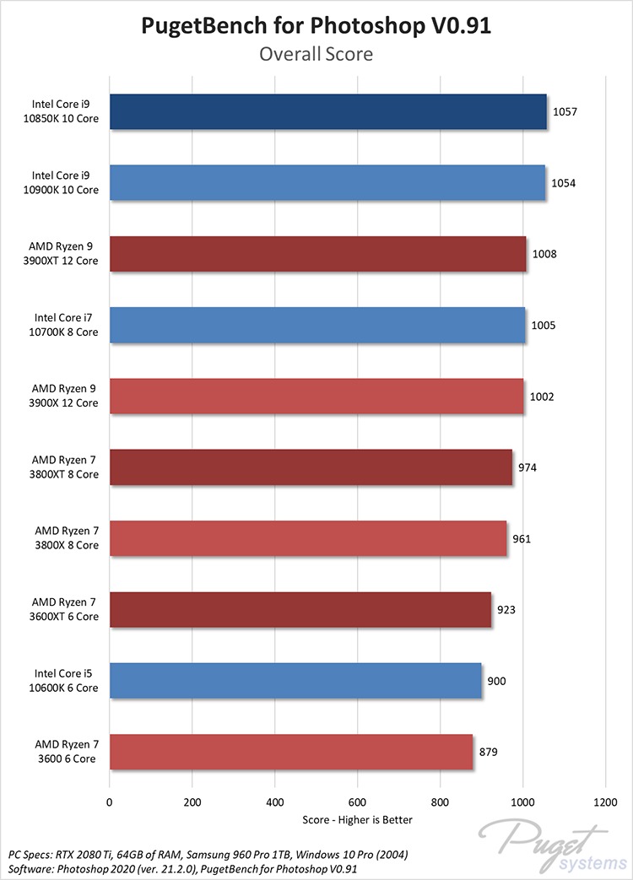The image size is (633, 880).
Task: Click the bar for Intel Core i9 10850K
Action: [x=327, y=112]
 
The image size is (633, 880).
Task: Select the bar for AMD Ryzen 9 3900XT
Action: [x=317, y=254]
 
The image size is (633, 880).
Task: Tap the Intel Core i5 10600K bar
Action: [x=295, y=681]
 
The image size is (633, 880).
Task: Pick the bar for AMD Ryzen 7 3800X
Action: [x=308, y=538]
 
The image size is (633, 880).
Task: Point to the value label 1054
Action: [x=564, y=183]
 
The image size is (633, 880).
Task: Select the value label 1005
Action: [x=543, y=325]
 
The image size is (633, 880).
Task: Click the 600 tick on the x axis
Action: [x=357, y=803]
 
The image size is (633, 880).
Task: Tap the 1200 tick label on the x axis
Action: [x=605, y=803]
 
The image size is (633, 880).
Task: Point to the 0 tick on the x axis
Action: [x=109, y=803]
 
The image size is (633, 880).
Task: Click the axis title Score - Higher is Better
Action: [x=357, y=820]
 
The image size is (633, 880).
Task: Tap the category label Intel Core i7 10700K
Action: [x=66, y=325]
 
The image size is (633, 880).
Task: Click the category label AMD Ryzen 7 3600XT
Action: [x=66, y=609]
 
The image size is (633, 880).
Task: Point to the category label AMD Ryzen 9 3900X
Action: [x=66, y=396]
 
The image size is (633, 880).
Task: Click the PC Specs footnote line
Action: [x=208, y=854]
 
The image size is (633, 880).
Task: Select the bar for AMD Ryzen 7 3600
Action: [x=291, y=752]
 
